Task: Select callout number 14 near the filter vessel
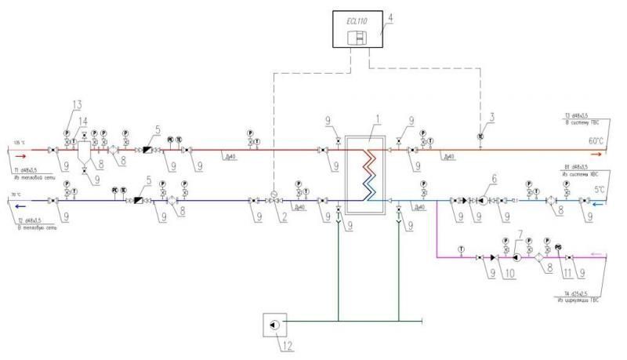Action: click(x=85, y=122)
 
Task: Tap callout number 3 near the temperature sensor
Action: click(x=492, y=117)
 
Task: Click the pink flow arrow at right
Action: click(x=597, y=254)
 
